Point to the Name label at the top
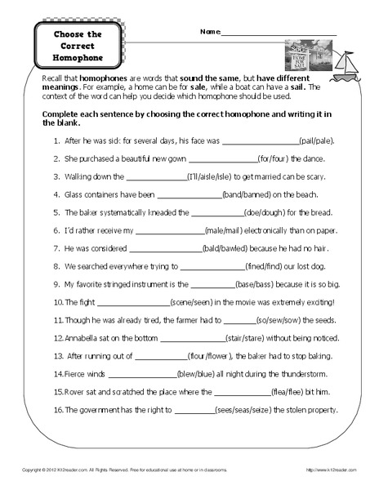point(209,32)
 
